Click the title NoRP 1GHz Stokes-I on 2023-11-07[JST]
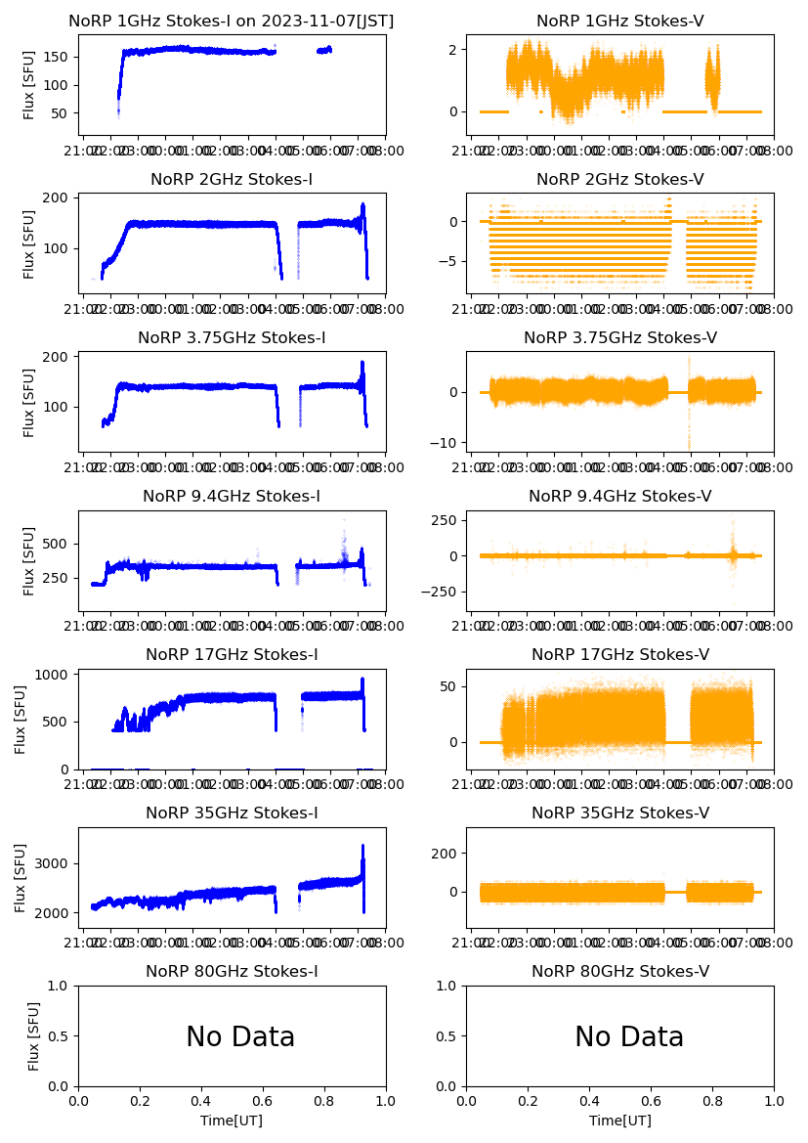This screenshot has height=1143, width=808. (x=232, y=22)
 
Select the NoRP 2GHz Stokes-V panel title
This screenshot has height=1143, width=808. (x=620, y=180)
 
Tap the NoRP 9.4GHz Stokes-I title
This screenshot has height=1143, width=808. (x=232, y=497)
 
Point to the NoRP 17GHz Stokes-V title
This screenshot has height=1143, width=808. (x=620, y=655)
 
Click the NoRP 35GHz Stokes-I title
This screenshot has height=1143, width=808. (x=232, y=813)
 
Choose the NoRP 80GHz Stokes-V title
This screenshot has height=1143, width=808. (x=620, y=972)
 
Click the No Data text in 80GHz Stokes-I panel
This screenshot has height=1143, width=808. (x=240, y=1037)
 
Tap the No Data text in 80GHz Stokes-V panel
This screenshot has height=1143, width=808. (x=629, y=1037)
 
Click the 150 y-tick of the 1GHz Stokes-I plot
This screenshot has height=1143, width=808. (x=61, y=57)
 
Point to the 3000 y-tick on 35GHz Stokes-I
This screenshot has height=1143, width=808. (x=56, y=863)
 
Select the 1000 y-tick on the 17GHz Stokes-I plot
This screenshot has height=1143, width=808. (x=56, y=675)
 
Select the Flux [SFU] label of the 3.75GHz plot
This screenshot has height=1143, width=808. (x=29, y=402)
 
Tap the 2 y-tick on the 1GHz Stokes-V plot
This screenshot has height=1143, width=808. (x=453, y=49)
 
